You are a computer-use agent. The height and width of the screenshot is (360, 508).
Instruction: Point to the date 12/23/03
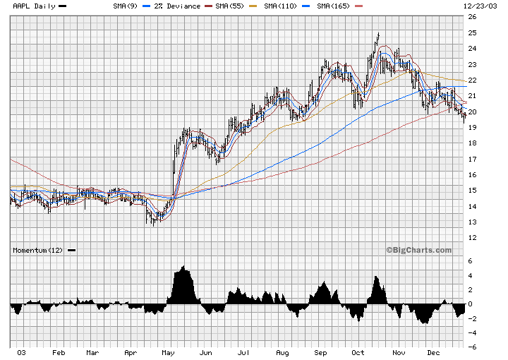click(x=479, y=6)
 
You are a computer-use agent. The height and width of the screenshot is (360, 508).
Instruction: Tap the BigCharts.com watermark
click(x=418, y=250)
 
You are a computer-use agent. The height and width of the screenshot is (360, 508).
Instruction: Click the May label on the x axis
click(x=168, y=352)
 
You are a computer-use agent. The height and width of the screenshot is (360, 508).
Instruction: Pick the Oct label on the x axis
click(x=358, y=352)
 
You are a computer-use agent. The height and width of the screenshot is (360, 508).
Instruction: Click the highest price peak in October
click(x=378, y=34)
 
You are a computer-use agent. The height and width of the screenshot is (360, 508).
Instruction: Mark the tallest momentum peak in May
click(x=183, y=267)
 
